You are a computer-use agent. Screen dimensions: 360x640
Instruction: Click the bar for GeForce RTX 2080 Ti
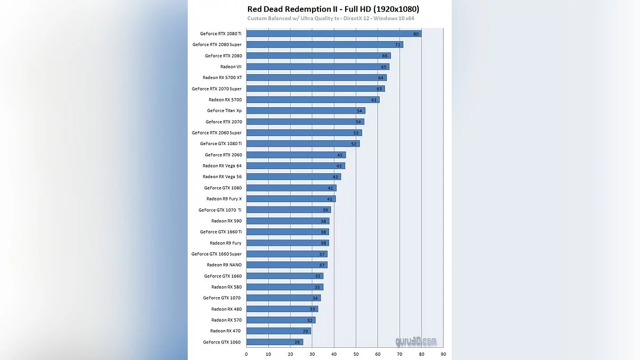pyautogui.click(x=333, y=34)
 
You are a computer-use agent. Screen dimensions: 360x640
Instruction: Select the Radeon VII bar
pyautogui.click(x=317, y=67)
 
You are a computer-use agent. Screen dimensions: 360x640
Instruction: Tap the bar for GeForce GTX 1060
pyautogui.click(x=275, y=342)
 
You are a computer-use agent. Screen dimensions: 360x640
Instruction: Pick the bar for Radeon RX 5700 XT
pyautogui.click(x=316, y=78)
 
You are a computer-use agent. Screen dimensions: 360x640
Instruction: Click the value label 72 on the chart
pyautogui.click(x=397, y=45)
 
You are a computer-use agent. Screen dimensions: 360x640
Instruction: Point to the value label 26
pyautogui.click(x=297, y=342)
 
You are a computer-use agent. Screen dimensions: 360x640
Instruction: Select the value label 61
pyautogui.click(x=374, y=100)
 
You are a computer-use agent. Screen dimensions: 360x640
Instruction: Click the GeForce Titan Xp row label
pyautogui.click(x=224, y=111)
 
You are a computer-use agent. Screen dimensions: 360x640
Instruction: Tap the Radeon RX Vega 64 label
pyautogui.click(x=222, y=166)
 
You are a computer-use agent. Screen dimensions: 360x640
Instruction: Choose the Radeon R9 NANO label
pyautogui.click(x=224, y=265)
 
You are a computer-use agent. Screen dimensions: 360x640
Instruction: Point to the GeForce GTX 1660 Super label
pyautogui.click(x=217, y=254)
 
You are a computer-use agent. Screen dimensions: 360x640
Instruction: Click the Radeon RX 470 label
pyautogui.click(x=226, y=331)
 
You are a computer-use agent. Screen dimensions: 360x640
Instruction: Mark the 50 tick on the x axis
pyautogui.click(x=356, y=354)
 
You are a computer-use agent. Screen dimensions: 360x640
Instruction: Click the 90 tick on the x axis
pyautogui.click(x=443, y=354)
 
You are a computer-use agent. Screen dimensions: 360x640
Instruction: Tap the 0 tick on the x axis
pyautogui.click(x=246, y=354)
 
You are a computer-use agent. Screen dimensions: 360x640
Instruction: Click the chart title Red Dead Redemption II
pyautogui.click(x=333, y=9)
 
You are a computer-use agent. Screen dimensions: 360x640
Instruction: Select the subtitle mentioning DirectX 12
pyautogui.click(x=331, y=19)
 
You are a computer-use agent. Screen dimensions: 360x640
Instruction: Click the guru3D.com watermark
pyautogui.click(x=416, y=341)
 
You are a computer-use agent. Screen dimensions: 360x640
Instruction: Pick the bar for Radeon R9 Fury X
pyautogui.click(x=291, y=199)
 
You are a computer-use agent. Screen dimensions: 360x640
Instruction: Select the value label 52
pyautogui.click(x=354, y=144)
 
